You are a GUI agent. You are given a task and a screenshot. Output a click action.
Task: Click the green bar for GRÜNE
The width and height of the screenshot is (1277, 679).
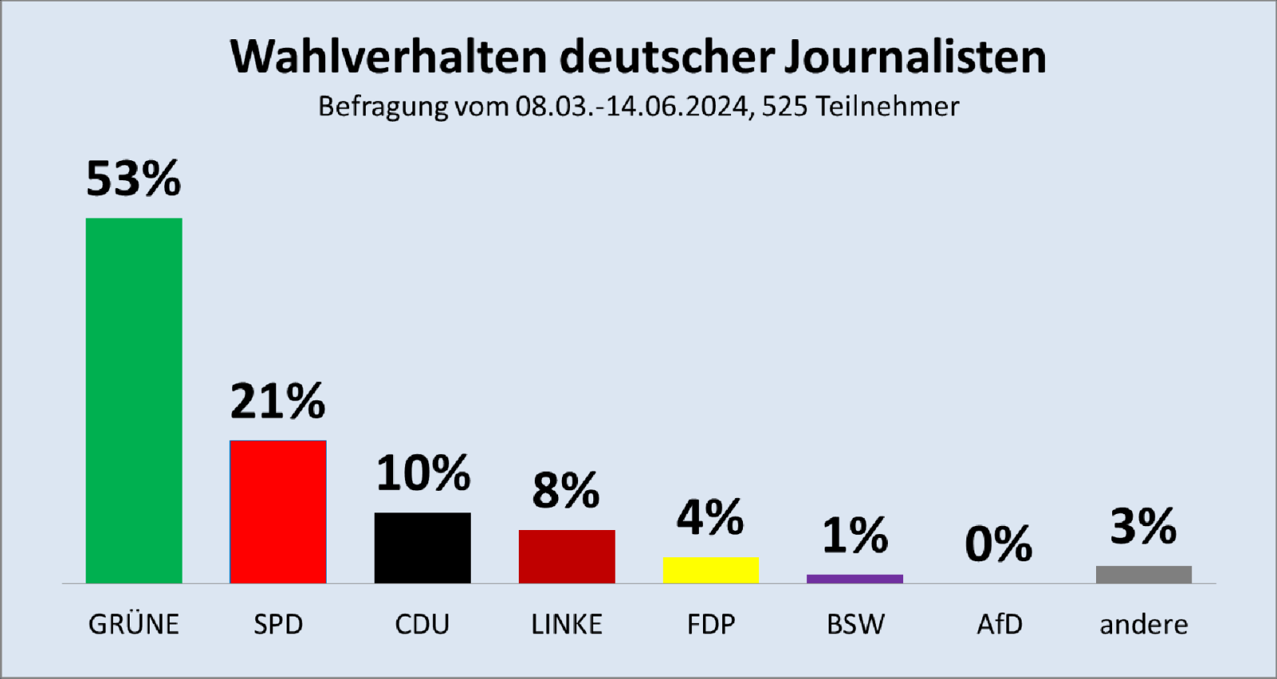(x=134, y=400)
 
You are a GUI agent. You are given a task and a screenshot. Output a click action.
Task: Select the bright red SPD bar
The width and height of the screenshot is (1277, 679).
(x=278, y=512)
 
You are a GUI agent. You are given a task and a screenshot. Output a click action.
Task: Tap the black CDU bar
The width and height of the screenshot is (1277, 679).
(x=422, y=548)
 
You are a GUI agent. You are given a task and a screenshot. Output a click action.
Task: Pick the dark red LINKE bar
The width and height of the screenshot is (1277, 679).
(x=567, y=556)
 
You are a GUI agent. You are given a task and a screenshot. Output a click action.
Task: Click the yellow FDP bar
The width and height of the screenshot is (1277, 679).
(x=711, y=570)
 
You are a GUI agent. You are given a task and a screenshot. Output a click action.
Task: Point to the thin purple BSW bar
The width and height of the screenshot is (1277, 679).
(x=855, y=579)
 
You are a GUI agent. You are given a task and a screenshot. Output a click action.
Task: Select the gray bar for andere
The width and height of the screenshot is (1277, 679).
(x=1143, y=574)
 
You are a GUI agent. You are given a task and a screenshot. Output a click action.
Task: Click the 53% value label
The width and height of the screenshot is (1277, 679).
(x=134, y=179)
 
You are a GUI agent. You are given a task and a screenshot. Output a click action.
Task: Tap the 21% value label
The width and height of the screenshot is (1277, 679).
(x=278, y=401)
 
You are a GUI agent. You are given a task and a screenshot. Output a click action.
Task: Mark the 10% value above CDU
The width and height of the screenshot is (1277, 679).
(x=423, y=473)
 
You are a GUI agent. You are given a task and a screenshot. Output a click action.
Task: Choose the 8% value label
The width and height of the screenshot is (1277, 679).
(x=566, y=491)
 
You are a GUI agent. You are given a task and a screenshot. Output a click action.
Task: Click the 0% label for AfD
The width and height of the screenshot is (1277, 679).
(x=998, y=544)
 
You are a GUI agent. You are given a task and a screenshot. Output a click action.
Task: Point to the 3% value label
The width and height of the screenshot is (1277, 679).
(x=1143, y=527)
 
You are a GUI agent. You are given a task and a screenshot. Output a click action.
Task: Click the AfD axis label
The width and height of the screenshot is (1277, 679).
(x=999, y=625)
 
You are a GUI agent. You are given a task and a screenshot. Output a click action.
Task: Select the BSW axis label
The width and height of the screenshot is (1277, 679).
(x=855, y=625)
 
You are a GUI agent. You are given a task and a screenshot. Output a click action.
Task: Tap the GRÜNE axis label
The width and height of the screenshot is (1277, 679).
(x=134, y=624)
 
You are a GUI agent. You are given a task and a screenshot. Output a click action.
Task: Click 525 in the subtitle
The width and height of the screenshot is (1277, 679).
(x=785, y=106)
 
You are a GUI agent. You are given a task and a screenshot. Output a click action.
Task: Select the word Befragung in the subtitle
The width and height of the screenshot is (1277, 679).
(x=383, y=107)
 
